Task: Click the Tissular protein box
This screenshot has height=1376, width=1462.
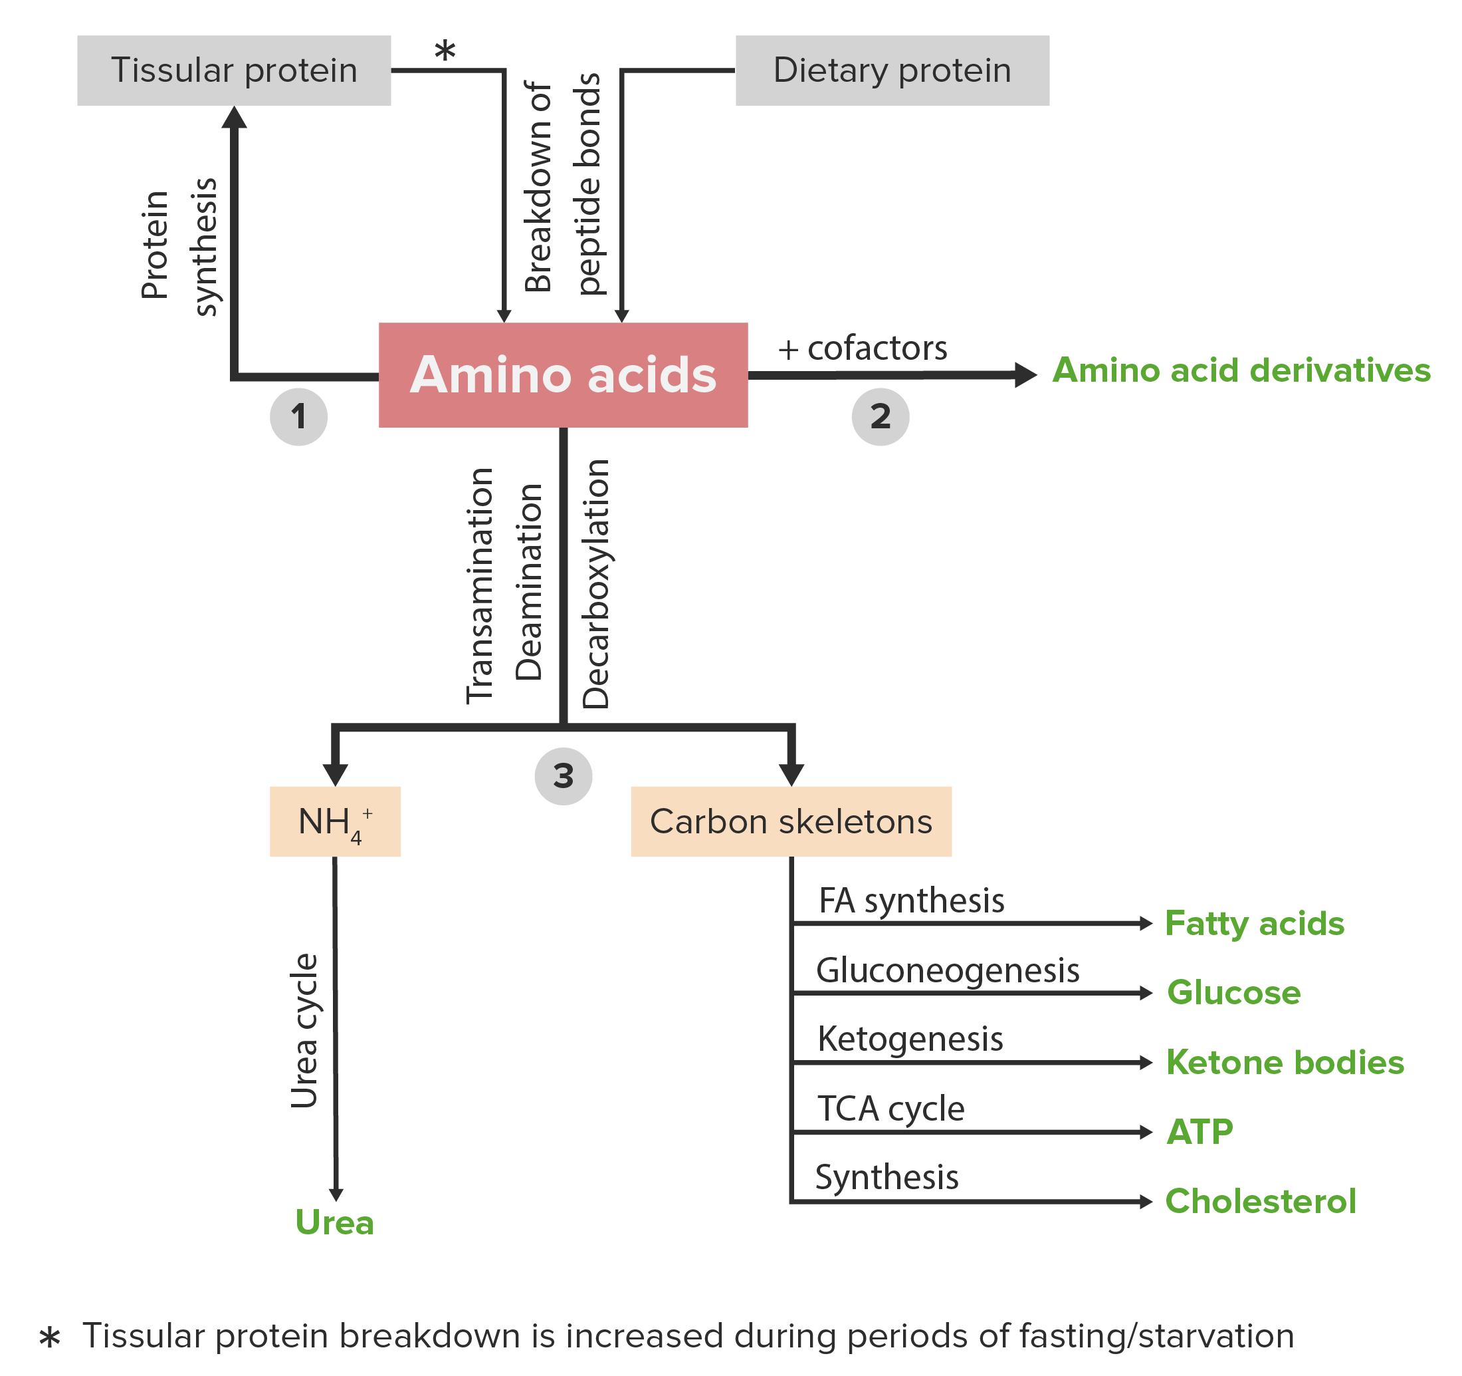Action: pyautogui.click(x=234, y=70)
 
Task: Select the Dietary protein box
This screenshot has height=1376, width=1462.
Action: pyautogui.click(x=892, y=70)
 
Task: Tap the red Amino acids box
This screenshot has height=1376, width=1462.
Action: pyautogui.click(x=563, y=374)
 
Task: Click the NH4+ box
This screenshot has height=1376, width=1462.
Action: pyautogui.click(x=335, y=821)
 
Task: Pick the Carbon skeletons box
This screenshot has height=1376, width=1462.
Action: pyautogui.click(x=791, y=821)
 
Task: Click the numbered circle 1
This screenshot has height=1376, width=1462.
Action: pyautogui.click(x=298, y=416)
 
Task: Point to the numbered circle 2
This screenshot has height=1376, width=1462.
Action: pyautogui.click(x=881, y=416)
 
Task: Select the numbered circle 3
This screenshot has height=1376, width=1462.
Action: pyautogui.click(x=564, y=776)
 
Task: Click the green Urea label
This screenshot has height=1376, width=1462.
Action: pyautogui.click(x=335, y=1223)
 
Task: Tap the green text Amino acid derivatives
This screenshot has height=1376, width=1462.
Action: pyautogui.click(x=1241, y=370)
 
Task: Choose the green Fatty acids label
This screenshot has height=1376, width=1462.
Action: pyautogui.click(x=1254, y=924)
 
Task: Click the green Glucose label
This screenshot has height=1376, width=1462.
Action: pyautogui.click(x=1233, y=993)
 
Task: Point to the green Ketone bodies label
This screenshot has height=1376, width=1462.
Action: pyautogui.click(x=1285, y=1063)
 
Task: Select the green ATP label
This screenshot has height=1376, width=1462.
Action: pyautogui.click(x=1200, y=1132)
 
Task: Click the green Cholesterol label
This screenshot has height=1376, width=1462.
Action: pyautogui.click(x=1260, y=1202)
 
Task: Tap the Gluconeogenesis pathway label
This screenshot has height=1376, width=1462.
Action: pyautogui.click(x=947, y=970)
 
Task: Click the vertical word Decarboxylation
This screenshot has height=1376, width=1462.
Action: pyautogui.click(x=595, y=583)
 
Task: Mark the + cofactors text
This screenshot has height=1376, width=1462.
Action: pyautogui.click(x=863, y=348)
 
